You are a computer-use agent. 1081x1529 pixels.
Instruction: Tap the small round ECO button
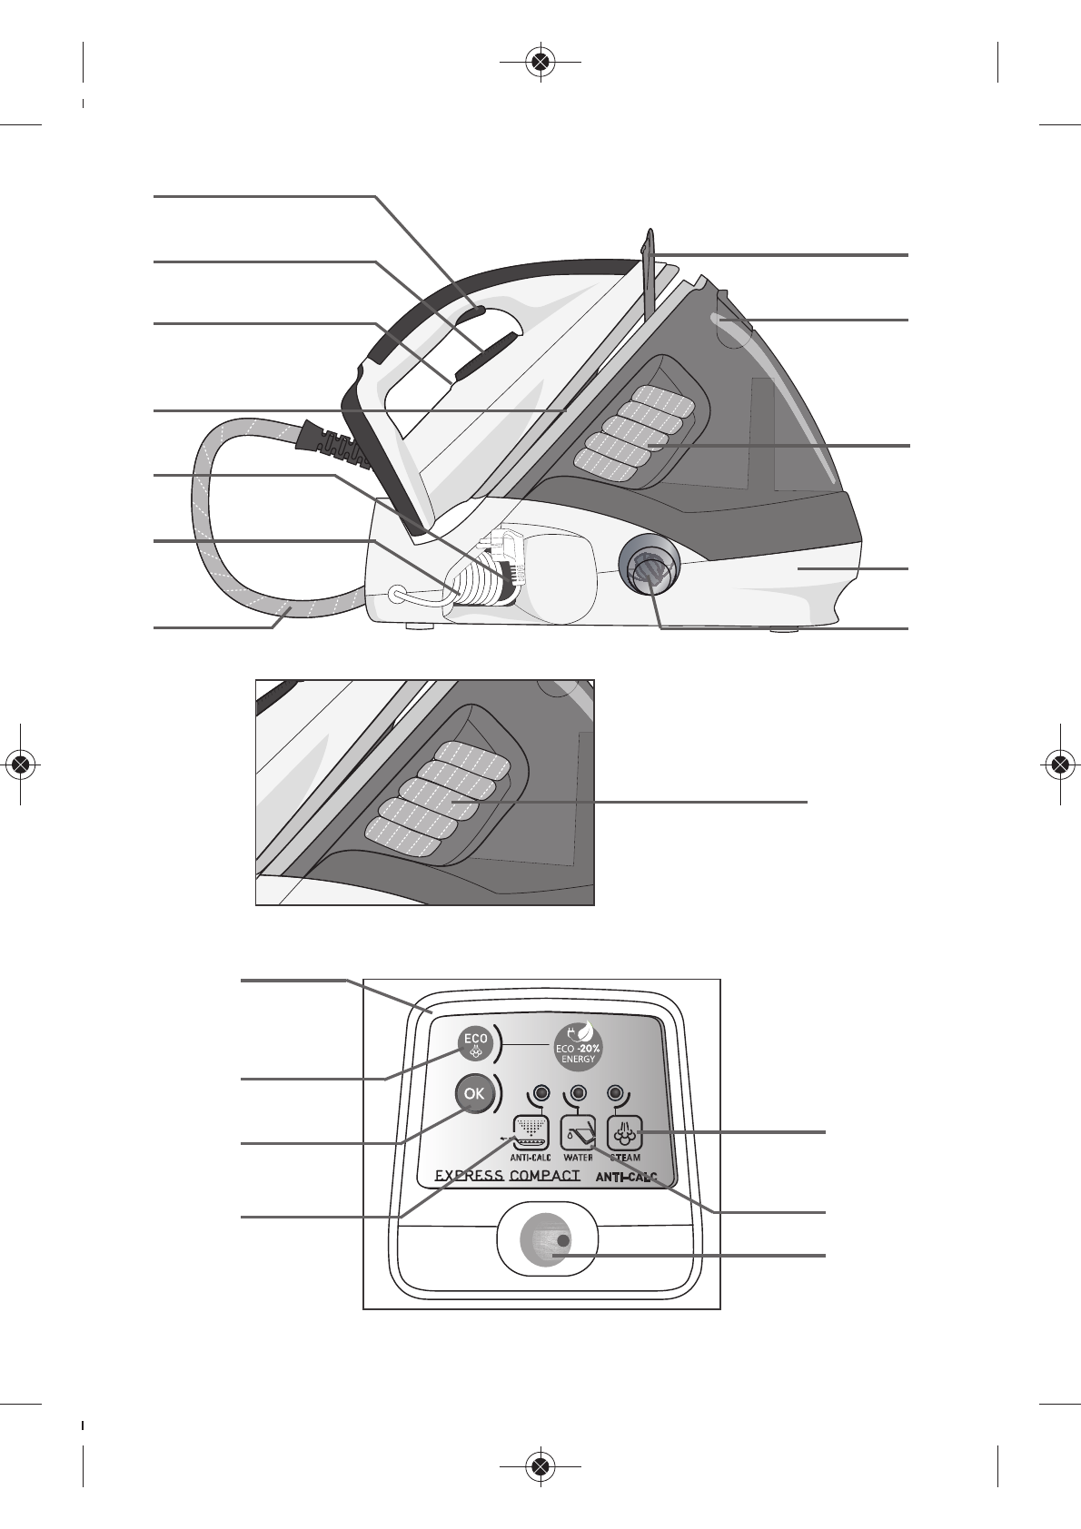pyautogui.click(x=474, y=1043)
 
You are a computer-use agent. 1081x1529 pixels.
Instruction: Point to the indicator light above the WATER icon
pyautogui.click(x=578, y=1091)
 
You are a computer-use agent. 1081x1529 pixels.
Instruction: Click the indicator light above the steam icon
pyautogui.click(x=617, y=1091)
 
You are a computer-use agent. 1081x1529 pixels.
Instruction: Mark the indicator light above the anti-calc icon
pyautogui.click(x=540, y=1091)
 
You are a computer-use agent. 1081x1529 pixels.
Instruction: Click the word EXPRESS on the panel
pyautogui.click(x=469, y=1176)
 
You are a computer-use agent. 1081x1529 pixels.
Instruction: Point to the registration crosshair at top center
pyautogui.click(x=540, y=62)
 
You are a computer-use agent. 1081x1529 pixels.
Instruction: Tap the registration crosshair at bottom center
pyautogui.click(x=540, y=1465)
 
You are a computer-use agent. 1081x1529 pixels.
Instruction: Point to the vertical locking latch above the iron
pyautogui.click(x=647, y=272)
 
